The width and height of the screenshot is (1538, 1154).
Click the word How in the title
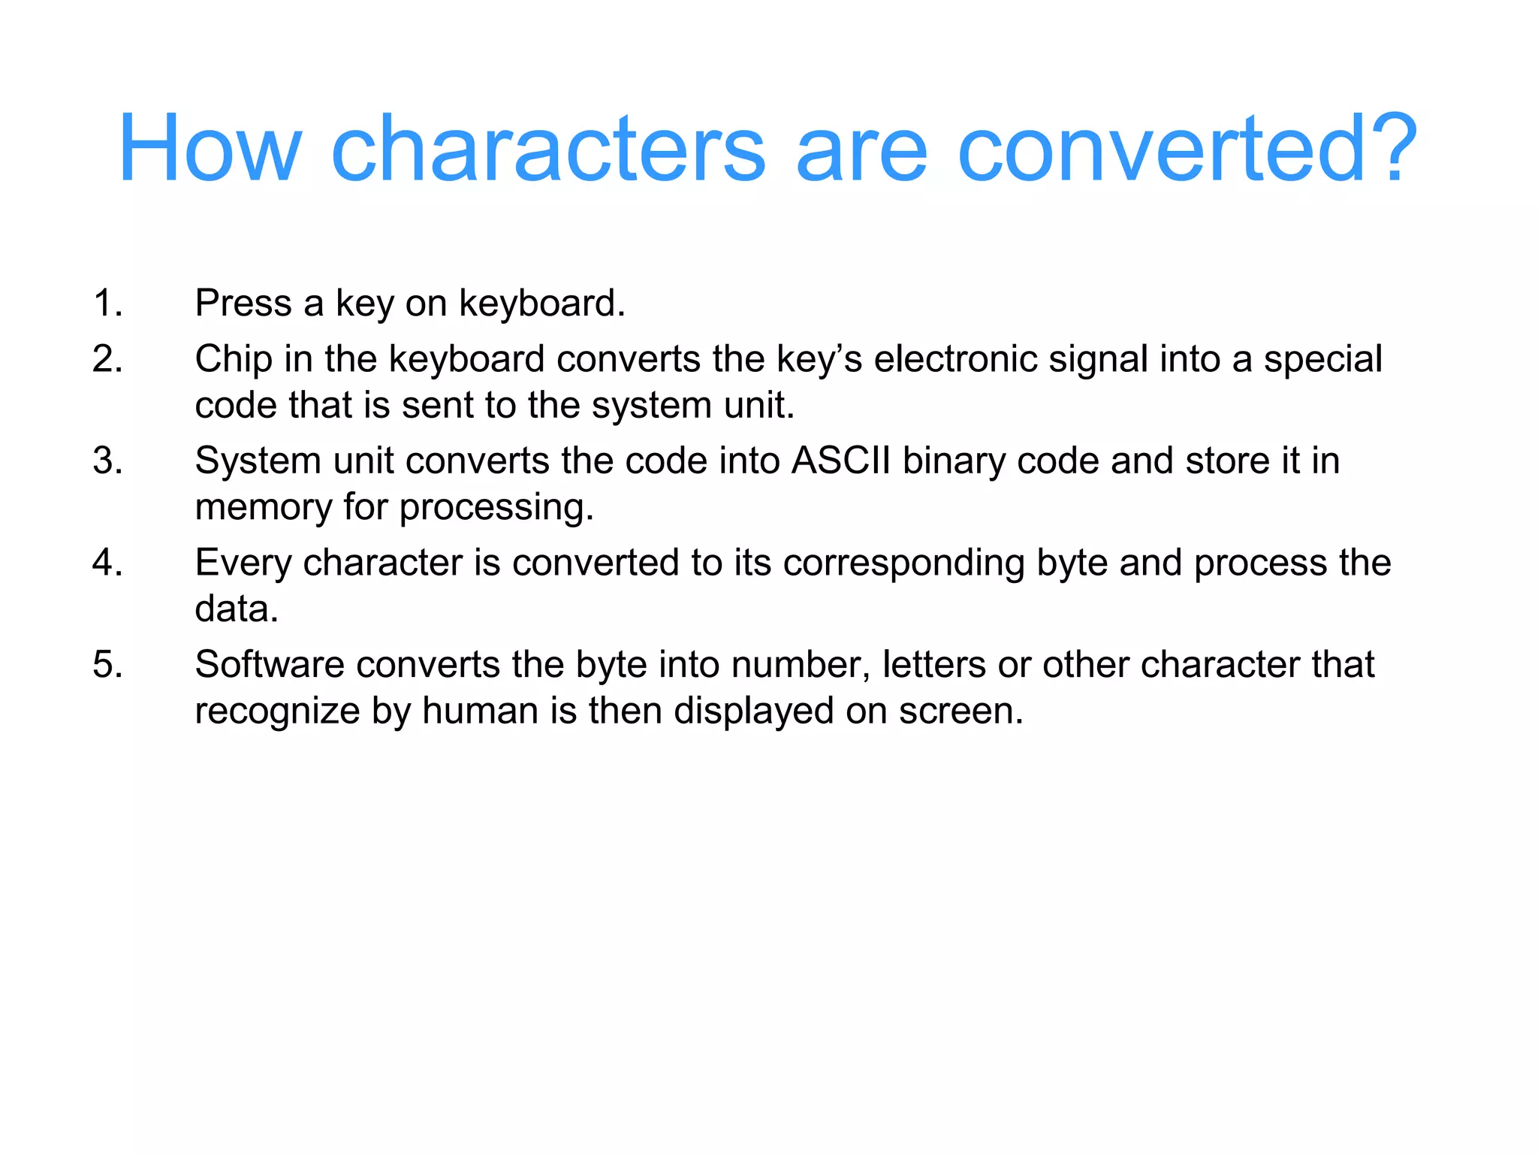tap(210, 148)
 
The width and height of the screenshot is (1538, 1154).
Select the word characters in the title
tap(547, 148)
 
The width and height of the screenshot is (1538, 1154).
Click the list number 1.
tap(107, 304)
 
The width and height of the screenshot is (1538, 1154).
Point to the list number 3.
tap(107, 461)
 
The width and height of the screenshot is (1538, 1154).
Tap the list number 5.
tap(107, 665)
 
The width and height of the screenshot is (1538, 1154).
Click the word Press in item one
tap(243, 304)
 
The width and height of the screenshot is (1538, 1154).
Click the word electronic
tap(955, 359)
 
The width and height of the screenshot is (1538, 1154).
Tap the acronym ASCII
tap(840, 461)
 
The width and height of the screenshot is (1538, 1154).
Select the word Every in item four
tap(243, 563)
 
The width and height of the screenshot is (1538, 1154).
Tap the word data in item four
tap(236, 609)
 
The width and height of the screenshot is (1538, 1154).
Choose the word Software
tap(269, 665)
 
